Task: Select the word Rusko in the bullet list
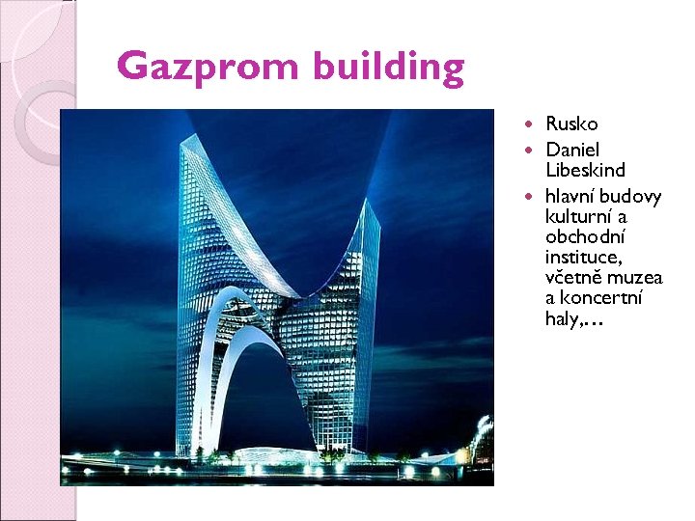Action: (x=571, y=123)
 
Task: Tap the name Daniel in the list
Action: (x=572, y=150)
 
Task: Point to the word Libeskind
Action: (x=585, y=170)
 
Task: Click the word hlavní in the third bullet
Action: (x=570, y=197)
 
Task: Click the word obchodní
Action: (x=584, y=237)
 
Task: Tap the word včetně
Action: (x=573, y=278)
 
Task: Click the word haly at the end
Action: (x=562, y=319)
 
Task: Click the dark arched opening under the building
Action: (x=275, y=405)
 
